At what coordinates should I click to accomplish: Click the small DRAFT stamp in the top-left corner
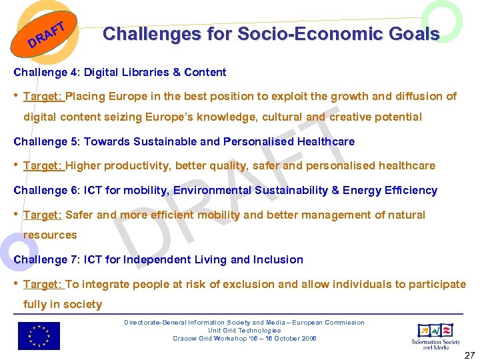coord(46,37)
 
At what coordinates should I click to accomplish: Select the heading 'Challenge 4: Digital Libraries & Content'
coord(120,72)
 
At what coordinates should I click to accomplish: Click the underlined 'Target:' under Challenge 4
coord(43,96)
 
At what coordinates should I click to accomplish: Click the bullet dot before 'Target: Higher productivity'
coord(16,165)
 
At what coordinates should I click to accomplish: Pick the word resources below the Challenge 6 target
coord(50,235)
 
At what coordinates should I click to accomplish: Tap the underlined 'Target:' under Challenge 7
coord(43,284)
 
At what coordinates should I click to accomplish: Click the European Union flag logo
coord(39,336)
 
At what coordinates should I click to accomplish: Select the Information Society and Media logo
coord(435,335)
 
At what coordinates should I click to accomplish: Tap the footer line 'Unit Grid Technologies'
coord(244,330)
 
